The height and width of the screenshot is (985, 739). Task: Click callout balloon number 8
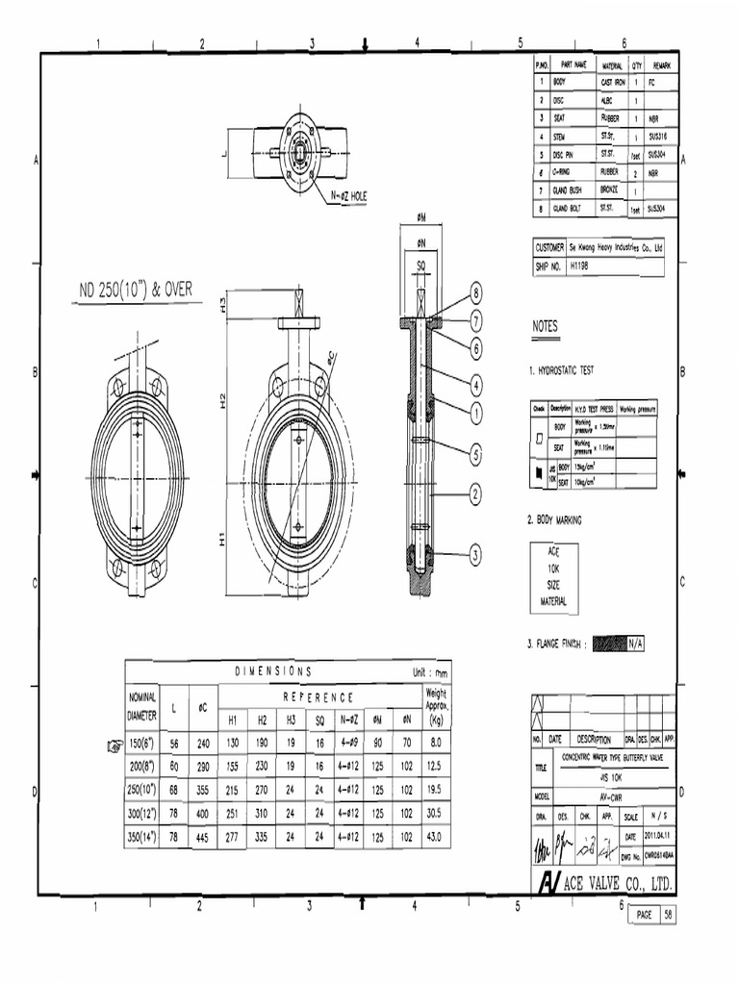pos(474,292)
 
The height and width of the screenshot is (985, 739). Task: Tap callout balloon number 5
pos(474,451)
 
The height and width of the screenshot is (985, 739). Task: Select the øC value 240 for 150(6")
pos(203,743)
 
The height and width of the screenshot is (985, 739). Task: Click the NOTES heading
pos(546,326)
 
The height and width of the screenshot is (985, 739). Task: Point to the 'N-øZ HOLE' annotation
pos(344,195)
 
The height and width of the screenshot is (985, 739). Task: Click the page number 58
pos(667,915)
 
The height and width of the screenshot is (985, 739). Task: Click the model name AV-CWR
pos(606,797)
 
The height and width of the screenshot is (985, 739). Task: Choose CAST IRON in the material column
pos(613,84)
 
